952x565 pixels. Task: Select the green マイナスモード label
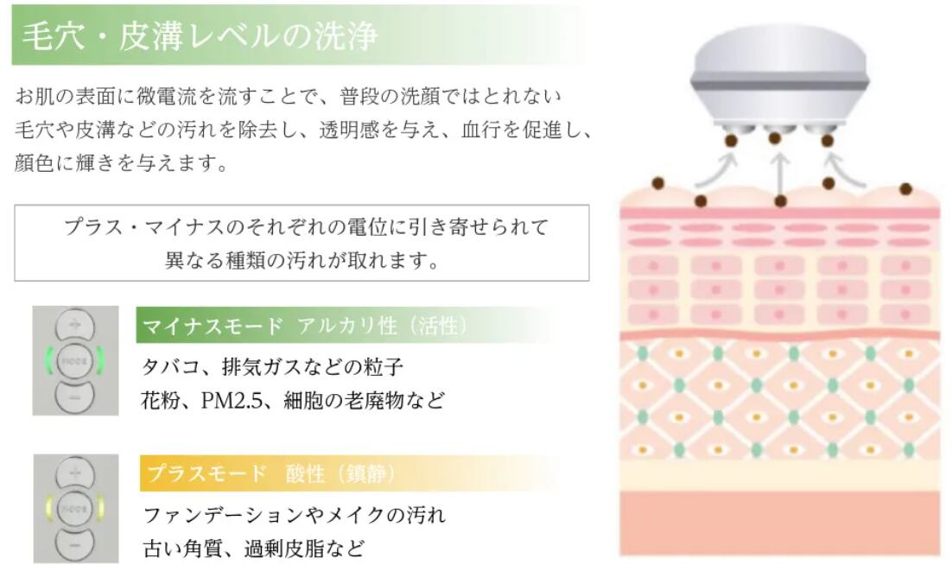point(212,326)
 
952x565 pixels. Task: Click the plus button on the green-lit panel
point(74,326)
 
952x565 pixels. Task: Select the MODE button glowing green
point(74,359)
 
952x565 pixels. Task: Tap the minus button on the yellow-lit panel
point(74,543)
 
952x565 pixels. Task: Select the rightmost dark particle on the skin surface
point(905,189)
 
